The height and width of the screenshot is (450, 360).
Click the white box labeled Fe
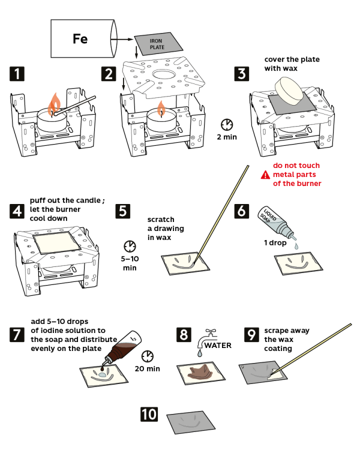click(81, 39)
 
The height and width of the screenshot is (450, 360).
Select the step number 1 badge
click(17, 74)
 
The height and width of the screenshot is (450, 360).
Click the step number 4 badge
click(17, 211)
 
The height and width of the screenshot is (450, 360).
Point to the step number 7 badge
click(17, 335)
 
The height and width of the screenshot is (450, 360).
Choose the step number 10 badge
click(149, 414)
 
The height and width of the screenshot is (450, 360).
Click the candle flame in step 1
click(54, 103)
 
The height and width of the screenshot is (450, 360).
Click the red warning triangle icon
click(265, 175)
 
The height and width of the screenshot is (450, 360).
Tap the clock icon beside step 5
click(129, 247)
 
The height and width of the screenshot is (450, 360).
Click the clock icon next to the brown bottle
click(147, 357)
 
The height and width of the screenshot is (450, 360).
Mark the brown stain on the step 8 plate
click(199, 373)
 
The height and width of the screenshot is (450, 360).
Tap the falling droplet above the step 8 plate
click(199, 355)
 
